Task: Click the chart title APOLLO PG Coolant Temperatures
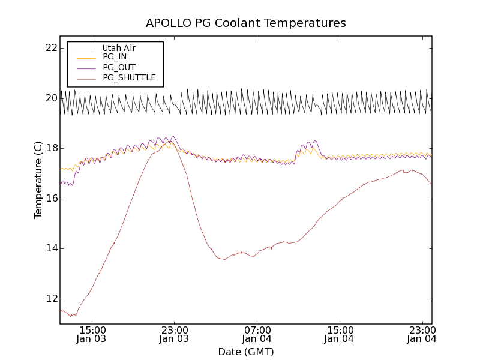coord(245,23)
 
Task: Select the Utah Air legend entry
coord(119,48)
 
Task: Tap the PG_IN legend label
coord(115,57)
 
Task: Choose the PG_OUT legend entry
coord(119,67)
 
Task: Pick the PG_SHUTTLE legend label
coord(129,77)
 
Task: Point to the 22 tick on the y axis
coord(50,48)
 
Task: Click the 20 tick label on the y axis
coord(50,98)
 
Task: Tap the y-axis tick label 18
coord(50,148)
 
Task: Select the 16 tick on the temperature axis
coord(50,199)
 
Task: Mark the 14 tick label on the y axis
coord(50,248)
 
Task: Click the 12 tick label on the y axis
coord(50,299)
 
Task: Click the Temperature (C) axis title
coord(38,180)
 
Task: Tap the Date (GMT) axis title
coord(245,352)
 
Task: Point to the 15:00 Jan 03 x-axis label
coord(93,334)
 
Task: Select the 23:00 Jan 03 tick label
coord(175,334)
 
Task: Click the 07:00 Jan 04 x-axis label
coord(257,334)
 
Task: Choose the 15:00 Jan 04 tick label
coord(340,334)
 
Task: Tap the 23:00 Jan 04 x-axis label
coord(422,334)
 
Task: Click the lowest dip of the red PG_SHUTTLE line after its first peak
coord(224,260)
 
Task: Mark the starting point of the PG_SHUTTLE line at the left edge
coord(61,310)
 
